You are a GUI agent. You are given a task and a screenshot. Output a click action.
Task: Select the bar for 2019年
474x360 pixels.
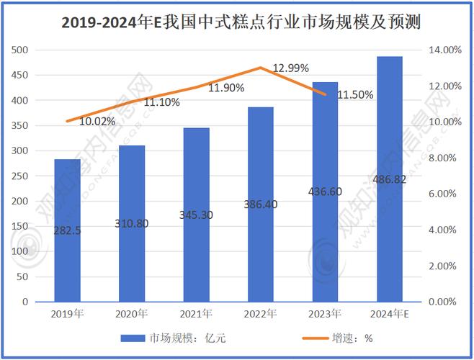pyautogui.click(x=68, y=230)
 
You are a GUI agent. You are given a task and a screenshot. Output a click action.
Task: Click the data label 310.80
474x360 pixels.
pyautogui.click(x=132, y=223)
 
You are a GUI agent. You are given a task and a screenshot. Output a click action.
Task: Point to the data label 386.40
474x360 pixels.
pyautogui.click(x=260, y=204)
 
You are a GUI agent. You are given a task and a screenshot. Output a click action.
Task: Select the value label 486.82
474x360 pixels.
pyautogui.click(x=389, y=179)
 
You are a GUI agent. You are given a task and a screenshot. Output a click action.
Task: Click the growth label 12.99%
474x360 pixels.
pyautogui.click(x=291, y=68)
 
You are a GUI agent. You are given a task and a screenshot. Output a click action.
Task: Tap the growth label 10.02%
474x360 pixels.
pyautogui.click(x=97, y=121)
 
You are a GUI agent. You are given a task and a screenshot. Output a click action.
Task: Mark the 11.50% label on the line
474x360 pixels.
pyautogui.click(x=355, y=95)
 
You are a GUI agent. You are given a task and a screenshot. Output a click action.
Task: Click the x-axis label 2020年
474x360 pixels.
pyautogui.click(x=132, y=314)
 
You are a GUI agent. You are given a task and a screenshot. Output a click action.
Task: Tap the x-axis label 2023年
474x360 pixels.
pyautogui.click(x=325, y=314)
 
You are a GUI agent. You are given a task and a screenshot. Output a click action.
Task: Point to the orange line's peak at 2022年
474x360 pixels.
pyautogui.click(x=260, y=68)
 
